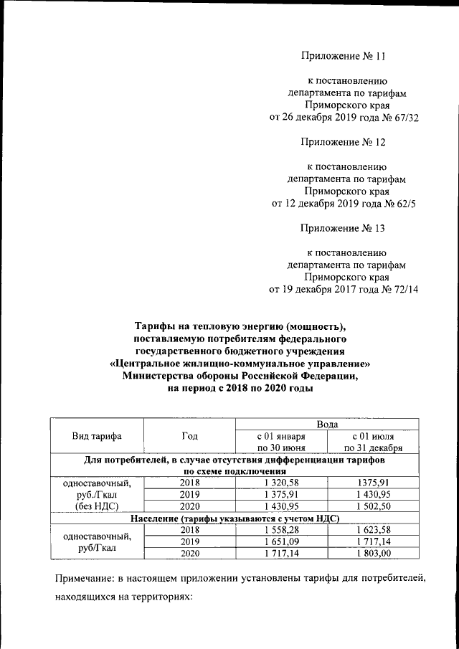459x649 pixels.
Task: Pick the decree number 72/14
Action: (x=404, y=290)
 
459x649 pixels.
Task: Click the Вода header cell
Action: (x=326, y=425)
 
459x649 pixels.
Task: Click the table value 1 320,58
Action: (x=280, y=483)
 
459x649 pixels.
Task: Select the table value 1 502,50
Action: (x=372, y=506)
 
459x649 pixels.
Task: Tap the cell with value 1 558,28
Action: (x=280, y=530)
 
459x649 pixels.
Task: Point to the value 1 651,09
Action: (x=280, y=541)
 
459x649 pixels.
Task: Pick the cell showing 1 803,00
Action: (x=372, y=554)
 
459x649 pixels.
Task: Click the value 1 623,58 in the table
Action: (x=372, y=530)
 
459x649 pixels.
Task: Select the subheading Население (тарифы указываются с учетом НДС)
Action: (x=234, y=518)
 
